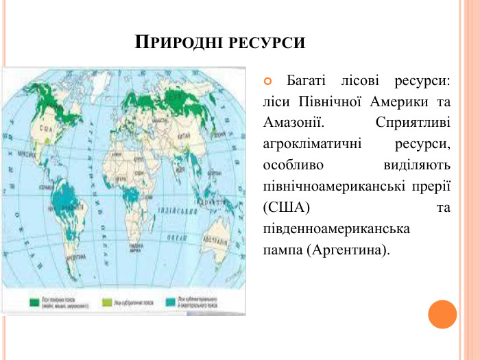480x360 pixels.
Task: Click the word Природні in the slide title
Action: [x=176, y=43]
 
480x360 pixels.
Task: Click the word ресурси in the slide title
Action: [x=265, y=43]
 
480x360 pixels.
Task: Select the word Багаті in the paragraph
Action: [x=307, y=82]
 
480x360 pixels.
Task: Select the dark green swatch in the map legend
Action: [x=34, y=302]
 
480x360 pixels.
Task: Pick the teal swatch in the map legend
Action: [x=170, y=302]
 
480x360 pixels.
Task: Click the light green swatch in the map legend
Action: [x=106, y=302]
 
